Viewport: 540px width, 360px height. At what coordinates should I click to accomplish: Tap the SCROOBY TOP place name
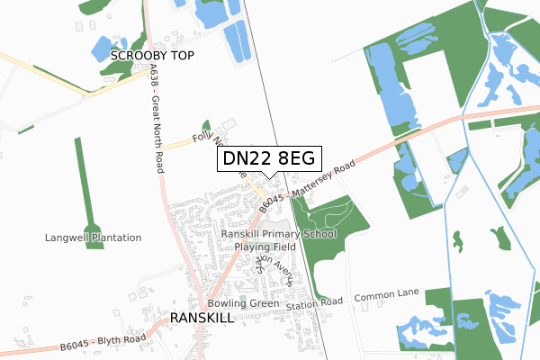tap(152, 56)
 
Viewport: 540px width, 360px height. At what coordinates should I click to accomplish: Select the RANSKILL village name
tap(202, 319)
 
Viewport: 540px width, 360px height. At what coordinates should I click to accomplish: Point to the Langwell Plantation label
tap(94, 238)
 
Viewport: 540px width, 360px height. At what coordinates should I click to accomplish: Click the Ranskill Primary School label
tap(278, 234)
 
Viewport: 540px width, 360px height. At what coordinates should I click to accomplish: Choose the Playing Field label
tap(265, 247)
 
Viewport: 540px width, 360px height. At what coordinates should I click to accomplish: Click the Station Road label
tap(316, 302)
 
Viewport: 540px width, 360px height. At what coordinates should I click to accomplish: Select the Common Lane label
tap(387, 297)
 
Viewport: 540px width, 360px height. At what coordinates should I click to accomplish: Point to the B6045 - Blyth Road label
tap(103, 341)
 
